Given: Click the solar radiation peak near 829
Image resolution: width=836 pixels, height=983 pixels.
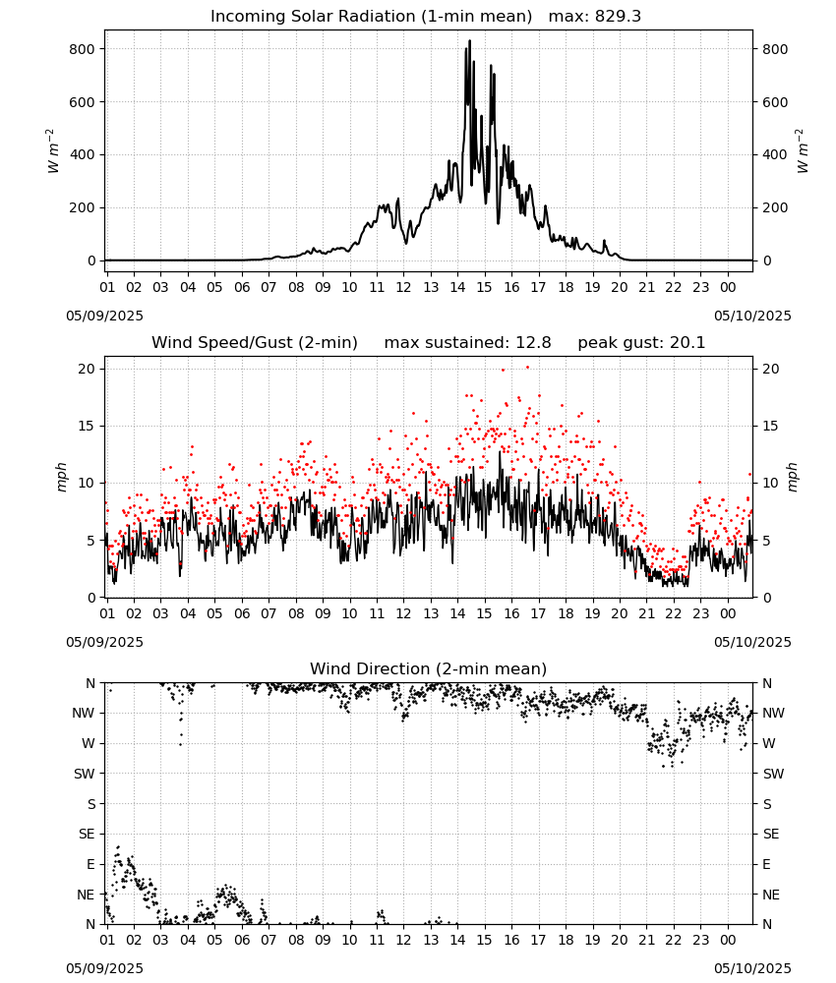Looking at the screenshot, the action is (470, 41).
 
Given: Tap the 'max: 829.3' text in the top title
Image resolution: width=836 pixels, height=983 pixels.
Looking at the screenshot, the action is (595, 17).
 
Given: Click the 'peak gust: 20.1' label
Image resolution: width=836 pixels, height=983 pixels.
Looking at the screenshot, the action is (641, 343).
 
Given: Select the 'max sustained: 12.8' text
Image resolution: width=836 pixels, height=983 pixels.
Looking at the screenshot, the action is (467, 343).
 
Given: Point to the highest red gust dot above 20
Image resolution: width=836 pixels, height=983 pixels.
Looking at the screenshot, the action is (527, 368).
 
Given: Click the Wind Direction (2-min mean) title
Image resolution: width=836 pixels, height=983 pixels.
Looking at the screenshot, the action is (429, 668).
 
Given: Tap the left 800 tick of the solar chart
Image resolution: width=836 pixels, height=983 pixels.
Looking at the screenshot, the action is (82, 49).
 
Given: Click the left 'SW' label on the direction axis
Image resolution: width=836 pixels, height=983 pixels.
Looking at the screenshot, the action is (85, 774).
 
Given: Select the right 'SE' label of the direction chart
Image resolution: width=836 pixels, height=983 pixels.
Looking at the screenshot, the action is (771, 834).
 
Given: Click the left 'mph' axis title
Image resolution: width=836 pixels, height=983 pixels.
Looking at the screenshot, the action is (61, 477).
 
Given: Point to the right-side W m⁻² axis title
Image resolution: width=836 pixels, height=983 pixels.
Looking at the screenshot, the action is (803, 150).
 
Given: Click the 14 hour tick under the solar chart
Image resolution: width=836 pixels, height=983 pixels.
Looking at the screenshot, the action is (457, 287).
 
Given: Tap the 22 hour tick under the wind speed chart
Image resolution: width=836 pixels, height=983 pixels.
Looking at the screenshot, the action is (673, 613).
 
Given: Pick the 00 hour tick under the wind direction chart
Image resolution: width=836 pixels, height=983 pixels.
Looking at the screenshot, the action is (728, 940).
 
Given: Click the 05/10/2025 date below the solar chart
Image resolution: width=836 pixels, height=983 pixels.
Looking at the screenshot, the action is (752, 316).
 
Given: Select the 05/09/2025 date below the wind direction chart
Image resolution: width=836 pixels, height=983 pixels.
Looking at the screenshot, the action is (104, 968).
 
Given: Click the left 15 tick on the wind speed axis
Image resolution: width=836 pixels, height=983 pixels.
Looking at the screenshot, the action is (87, 427).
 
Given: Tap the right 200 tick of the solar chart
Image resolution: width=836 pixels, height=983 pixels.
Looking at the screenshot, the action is (775, 207).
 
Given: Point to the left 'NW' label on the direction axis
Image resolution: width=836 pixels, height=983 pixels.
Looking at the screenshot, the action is (84, 713).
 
